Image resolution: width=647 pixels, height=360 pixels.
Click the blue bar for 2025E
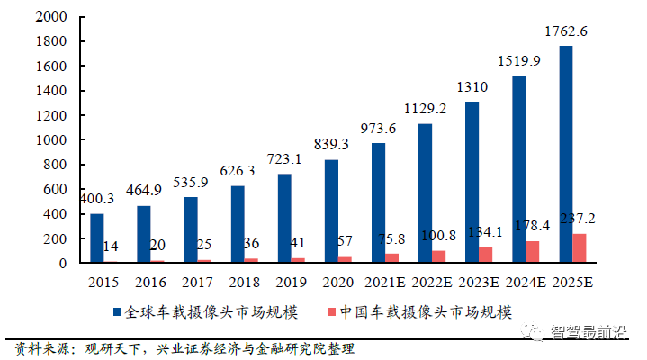[x=566, y=154]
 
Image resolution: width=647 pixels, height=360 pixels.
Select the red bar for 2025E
[x=580, y=248]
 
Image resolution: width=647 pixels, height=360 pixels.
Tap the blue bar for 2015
[x=97, y=238]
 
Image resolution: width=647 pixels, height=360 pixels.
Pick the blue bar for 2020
[x=331, y=211]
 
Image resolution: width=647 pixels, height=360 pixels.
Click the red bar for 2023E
[x=486, y=255]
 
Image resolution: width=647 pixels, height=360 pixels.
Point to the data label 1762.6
[x=566, y=32]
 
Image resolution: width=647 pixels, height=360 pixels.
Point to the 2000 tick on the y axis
[x=53, y=17]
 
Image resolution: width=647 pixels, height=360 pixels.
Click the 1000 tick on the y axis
[x=53, y=140]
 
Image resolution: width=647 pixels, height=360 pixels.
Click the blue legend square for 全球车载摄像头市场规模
[x=117, y=312]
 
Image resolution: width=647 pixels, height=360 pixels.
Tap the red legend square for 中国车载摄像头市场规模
[x=331, y=312]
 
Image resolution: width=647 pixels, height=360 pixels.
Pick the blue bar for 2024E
[x=519, y=169]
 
